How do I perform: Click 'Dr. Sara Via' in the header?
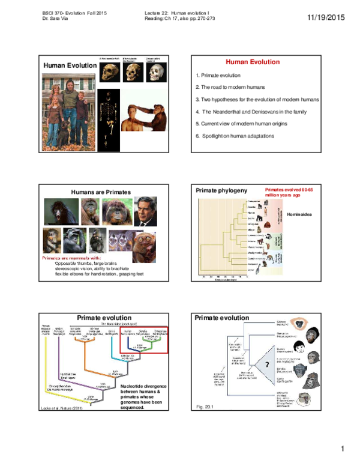click(x=58, y=19)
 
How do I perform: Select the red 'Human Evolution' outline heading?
click(x=252, y=62)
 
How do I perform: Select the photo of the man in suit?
click(x=145, y=211)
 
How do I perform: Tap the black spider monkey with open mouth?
click(x=61, y=211)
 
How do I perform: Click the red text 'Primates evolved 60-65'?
click(x=289, y=189)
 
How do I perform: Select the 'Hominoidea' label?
click(x=301, y=214)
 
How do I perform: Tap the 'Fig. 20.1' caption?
click(x=205, y=407)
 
